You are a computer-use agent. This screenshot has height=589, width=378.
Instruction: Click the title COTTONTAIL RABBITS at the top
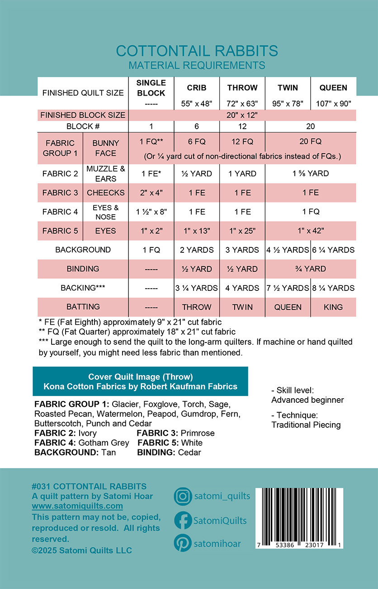(197, 50)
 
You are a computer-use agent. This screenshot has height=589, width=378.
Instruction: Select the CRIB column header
(197, 88)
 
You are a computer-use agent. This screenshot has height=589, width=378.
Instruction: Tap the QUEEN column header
(333, 88)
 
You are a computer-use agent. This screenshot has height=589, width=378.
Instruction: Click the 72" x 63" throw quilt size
(242, 103)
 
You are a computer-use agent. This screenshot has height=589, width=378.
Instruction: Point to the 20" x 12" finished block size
(242, 115)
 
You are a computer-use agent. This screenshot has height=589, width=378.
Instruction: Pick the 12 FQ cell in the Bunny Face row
(242, 141)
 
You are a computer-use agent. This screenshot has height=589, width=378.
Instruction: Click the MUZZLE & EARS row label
(105, 174)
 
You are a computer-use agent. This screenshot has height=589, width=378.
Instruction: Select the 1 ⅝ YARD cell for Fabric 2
(311, 174)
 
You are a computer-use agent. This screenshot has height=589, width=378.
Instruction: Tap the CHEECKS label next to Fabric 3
(105, 193)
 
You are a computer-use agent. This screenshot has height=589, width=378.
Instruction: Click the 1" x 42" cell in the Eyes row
(311, 231)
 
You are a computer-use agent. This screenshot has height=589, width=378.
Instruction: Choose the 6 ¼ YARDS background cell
(333, 250)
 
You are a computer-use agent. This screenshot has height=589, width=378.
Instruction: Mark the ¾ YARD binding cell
(311, 269)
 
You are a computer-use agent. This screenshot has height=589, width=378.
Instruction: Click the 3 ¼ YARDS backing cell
(197, 288)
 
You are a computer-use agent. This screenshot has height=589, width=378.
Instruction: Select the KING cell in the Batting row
(333, 307)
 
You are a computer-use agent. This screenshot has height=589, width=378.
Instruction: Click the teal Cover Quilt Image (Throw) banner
(140, 381)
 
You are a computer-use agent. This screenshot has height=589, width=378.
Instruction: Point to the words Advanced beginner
(307, 400)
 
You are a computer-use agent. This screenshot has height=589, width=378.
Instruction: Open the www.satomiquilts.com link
(77, 506)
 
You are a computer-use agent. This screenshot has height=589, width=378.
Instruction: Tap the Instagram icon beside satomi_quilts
(183, 496)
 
